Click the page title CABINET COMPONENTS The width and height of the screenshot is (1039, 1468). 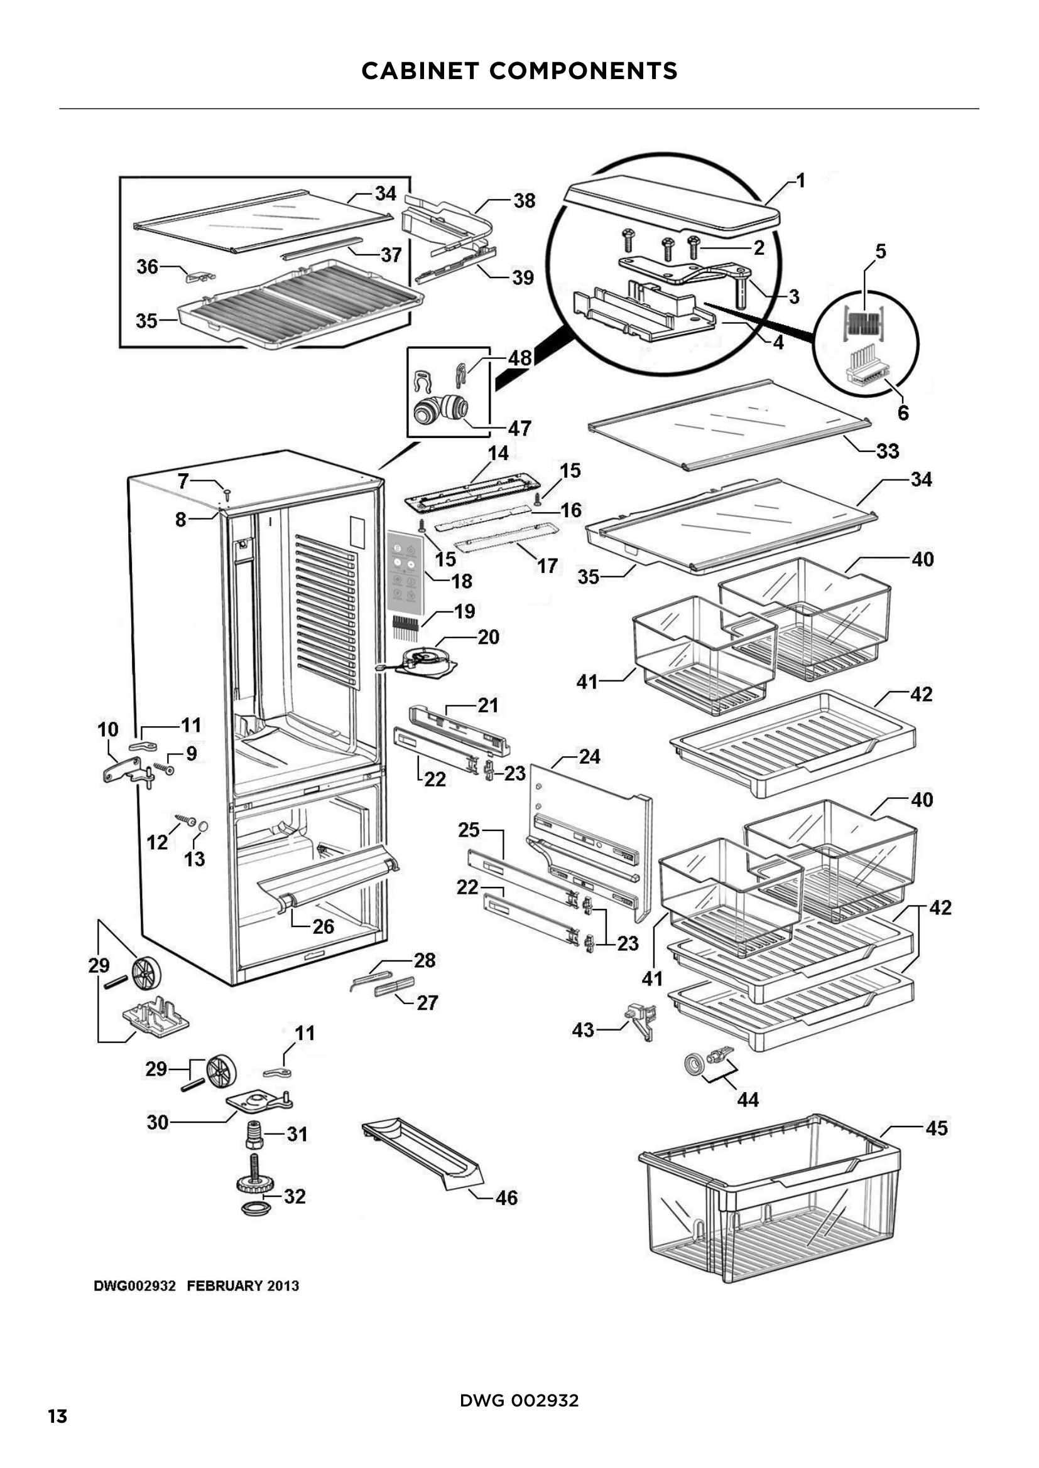click(x=519, y=70)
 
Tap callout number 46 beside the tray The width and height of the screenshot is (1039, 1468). click(x=506, y=1197)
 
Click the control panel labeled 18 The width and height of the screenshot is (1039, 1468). click(x=405, y=567)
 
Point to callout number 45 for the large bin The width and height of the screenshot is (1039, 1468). click(x=936, y=1128)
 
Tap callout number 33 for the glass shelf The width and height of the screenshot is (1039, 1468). click(x=888, y=451)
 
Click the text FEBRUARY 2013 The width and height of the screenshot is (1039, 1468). click(x=242, y=1286)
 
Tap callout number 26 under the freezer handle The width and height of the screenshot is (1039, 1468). click(x=323, y=926)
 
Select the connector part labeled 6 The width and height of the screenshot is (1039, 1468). click(x=866, y=371)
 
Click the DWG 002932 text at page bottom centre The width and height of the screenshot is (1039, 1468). click(x=519, y=1400)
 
